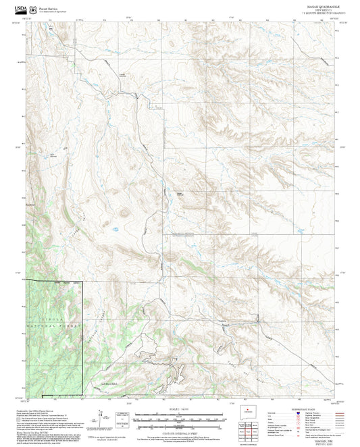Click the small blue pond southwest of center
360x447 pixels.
click(x=115, y=229)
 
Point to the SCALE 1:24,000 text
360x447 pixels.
click(x=179, y=409)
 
